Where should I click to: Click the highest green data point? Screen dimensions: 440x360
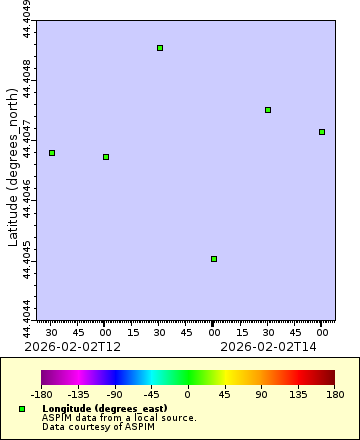pyautogui.click(x=160, y=48)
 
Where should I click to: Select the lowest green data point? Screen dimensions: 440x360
pyautogui.click(x=214, y=259)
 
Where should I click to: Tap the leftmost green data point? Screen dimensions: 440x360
pyautogui.click(x=52, y=153)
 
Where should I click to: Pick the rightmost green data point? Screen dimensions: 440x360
pyautogui.click(x=321, y=132)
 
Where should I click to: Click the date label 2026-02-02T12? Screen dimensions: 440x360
pyautogui.click(x=72, y=346)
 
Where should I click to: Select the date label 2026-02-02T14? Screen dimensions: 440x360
pyautogui.click(x=267, y=346)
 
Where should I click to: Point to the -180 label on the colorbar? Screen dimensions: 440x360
pyautogui.click(x=42, y=395)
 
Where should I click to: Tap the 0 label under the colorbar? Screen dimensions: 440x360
pyautogui.click(x=187, y=395)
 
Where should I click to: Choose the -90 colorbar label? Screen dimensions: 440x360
pyautogui.click(x=114, y=395)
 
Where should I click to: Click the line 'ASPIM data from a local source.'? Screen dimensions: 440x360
pyautogui.click(x=119, y=418)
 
